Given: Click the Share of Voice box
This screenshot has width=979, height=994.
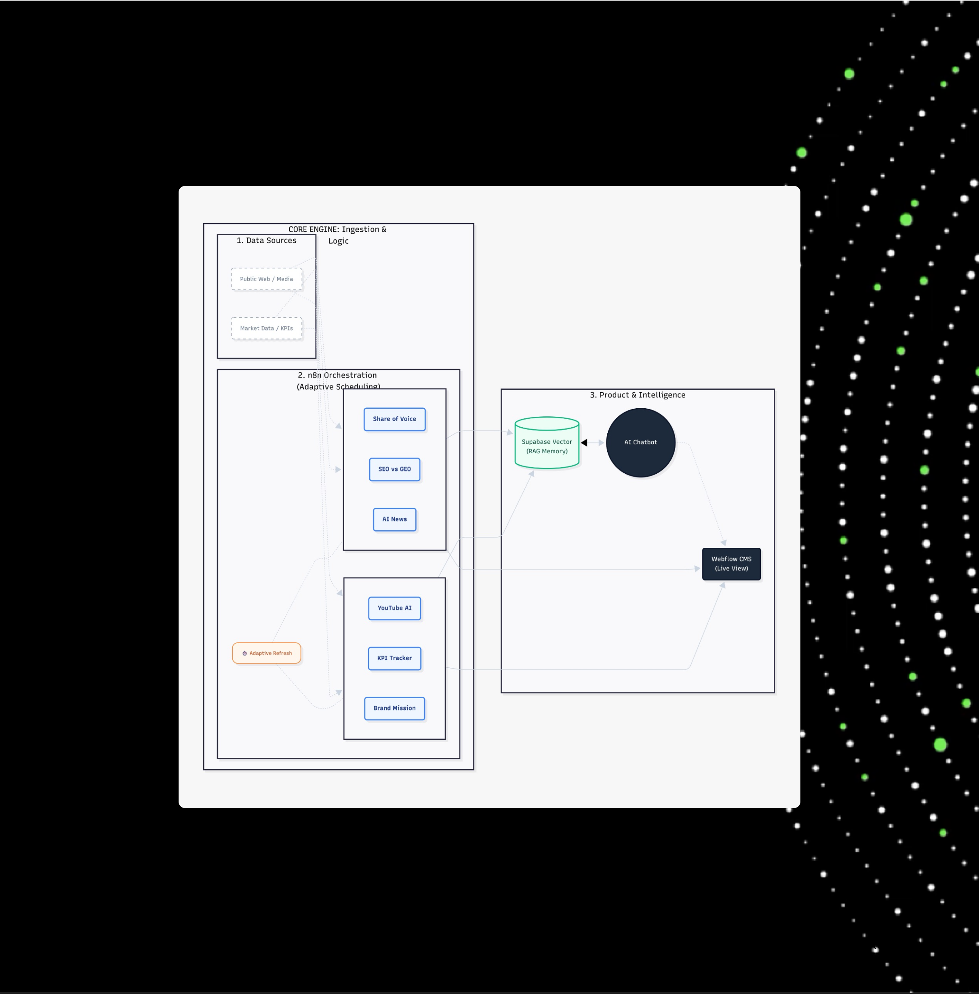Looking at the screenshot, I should click(x=394, y=419).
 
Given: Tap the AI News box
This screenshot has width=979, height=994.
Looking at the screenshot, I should click(x=394, y=519).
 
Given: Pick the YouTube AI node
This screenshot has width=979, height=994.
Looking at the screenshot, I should click(x=394, y=608).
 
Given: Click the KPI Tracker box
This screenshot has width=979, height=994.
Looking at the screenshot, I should click(x=394, y=658).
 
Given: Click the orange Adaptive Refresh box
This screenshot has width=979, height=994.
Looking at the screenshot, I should click(x=266, y=653).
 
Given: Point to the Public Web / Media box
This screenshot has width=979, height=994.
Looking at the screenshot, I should click(x=266, y=279).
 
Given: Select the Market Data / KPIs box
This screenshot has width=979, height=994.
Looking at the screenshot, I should click(x=266, y=328).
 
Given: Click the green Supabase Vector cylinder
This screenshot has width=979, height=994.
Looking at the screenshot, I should click(x=547, y=443).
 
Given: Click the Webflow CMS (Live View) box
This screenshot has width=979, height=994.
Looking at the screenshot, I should click(x=731, y=564).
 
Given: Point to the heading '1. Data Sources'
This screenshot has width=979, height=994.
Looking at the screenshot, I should click(x=266, y=240).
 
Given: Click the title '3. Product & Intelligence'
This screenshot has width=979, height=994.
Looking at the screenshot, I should click(x=637, y=395).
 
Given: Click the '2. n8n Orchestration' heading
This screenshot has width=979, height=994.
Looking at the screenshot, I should click(x=337, y=376).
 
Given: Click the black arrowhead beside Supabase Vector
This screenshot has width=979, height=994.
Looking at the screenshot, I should click(x=584, y=443).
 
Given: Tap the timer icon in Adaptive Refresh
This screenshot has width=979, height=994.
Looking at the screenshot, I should click(x=245, y=653).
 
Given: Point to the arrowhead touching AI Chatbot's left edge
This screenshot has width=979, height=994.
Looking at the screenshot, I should click(x=601, y=443).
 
